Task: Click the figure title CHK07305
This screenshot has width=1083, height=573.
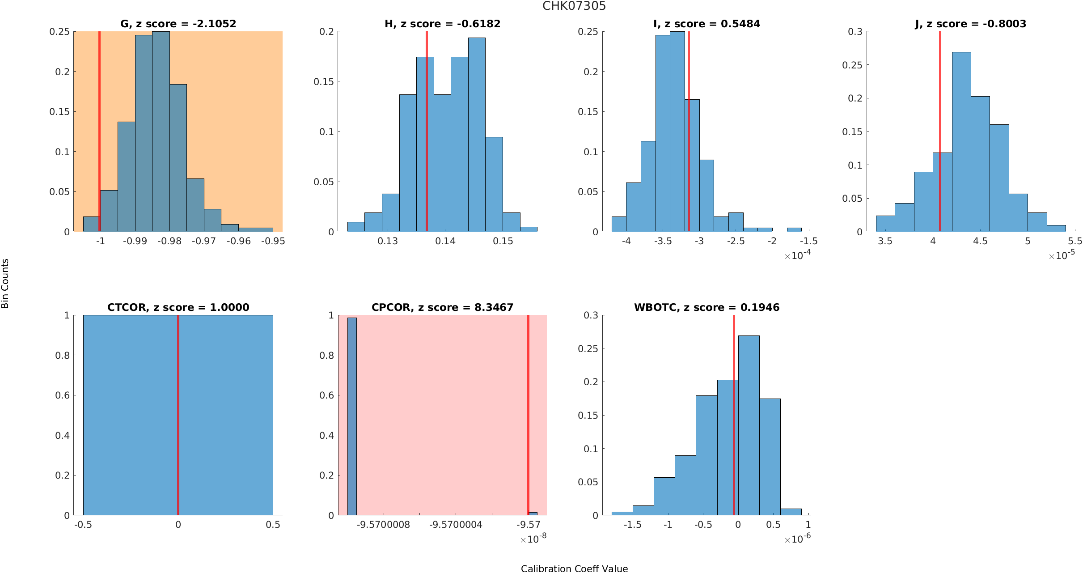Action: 574,6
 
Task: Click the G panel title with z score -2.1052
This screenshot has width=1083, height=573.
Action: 178,24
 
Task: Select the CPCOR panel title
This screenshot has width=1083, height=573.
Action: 442,307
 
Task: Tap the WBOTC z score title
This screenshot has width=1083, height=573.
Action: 706,307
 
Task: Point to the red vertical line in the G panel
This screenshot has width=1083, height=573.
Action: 99,134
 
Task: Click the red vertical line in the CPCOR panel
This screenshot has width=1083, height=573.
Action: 528,416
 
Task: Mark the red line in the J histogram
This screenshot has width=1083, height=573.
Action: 940,134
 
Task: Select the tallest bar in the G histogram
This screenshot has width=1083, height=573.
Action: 161,134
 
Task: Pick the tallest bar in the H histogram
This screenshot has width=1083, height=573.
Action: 477,134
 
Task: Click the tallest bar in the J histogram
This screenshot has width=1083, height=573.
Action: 961,143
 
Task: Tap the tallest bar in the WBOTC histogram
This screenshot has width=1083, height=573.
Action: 749,425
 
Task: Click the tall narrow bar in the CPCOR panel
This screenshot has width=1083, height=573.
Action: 352,416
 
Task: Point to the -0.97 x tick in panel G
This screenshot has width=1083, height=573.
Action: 204,241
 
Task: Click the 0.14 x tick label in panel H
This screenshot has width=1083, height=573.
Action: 445,241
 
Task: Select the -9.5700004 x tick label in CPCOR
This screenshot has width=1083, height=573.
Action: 456,525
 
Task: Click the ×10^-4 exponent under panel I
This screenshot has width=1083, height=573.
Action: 797,255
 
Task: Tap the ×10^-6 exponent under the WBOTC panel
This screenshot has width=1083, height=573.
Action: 797,539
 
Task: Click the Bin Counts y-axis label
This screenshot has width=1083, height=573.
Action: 5,284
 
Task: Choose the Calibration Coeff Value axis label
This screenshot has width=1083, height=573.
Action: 574,569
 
